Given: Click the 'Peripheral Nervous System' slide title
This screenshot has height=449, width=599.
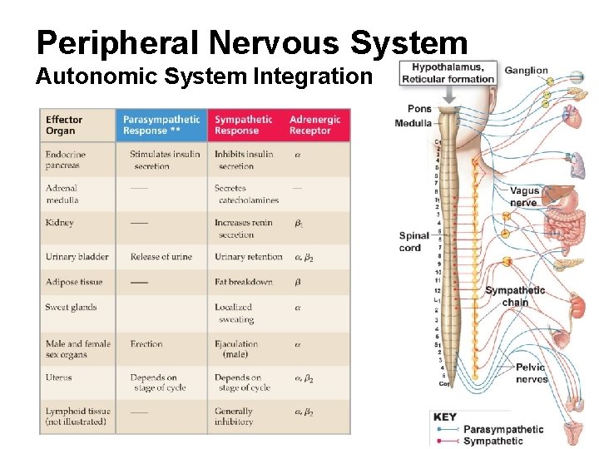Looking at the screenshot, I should pos(252,42).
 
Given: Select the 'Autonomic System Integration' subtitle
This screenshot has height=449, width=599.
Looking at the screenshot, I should pos(203,77).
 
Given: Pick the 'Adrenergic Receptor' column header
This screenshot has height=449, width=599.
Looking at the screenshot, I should pos(314,125).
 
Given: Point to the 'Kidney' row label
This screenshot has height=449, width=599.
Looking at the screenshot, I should pos(60,223).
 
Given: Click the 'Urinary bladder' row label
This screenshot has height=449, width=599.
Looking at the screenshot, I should pos(77,257).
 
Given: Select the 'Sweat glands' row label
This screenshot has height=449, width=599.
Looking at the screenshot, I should pos(71,308).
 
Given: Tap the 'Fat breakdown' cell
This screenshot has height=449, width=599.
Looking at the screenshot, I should pos(243,282).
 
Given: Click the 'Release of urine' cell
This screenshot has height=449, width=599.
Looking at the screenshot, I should pos(161,257).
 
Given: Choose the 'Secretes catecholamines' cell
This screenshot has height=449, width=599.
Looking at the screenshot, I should pos(246,194).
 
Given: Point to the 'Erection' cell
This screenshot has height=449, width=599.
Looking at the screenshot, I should pos(146,343).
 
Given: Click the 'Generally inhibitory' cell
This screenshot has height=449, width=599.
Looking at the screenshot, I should pos(234,416).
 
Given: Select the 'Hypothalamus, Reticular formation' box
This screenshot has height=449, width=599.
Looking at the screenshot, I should pos(448,73).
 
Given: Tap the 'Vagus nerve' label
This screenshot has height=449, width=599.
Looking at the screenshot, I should pos(524,196).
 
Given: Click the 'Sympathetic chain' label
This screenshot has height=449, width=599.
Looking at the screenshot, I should pos(515,296).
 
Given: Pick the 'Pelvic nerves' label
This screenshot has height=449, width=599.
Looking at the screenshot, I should pos(531,373).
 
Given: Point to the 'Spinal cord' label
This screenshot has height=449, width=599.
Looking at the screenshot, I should pos(415,241).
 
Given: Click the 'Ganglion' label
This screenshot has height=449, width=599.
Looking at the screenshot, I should pos(526,71).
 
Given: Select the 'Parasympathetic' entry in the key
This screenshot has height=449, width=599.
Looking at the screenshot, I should pos(502,430).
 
